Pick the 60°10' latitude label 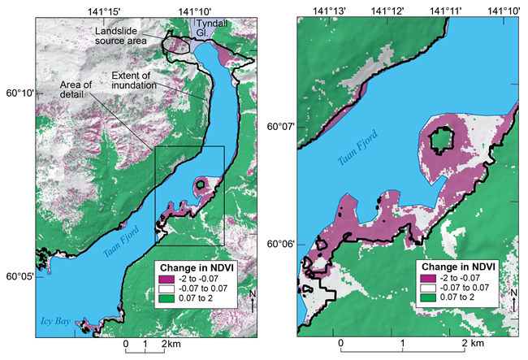point(17,93)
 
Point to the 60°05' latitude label point(17,277)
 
